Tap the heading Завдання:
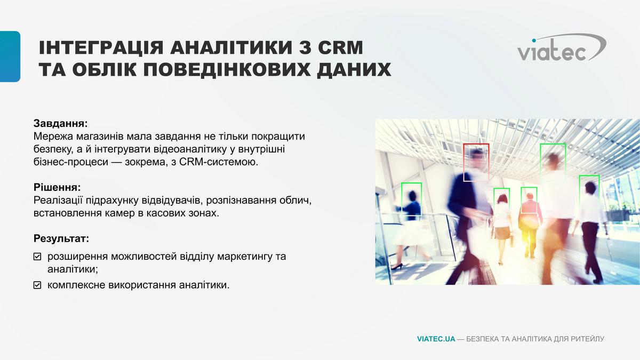tap(61, 123)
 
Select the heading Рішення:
tap(57, 187)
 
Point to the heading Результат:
tap(61, 238)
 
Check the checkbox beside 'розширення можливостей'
tap(37, 257)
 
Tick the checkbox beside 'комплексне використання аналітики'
tap(37, 285)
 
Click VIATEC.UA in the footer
tap(436, 339)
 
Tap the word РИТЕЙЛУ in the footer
tap(587, 339)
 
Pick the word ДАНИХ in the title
tap(354, 69)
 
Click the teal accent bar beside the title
tap(10, 57)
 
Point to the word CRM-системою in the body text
tap(219, 162)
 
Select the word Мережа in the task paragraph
tap(53, 137)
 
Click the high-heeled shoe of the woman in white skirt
tap(397, 267)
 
